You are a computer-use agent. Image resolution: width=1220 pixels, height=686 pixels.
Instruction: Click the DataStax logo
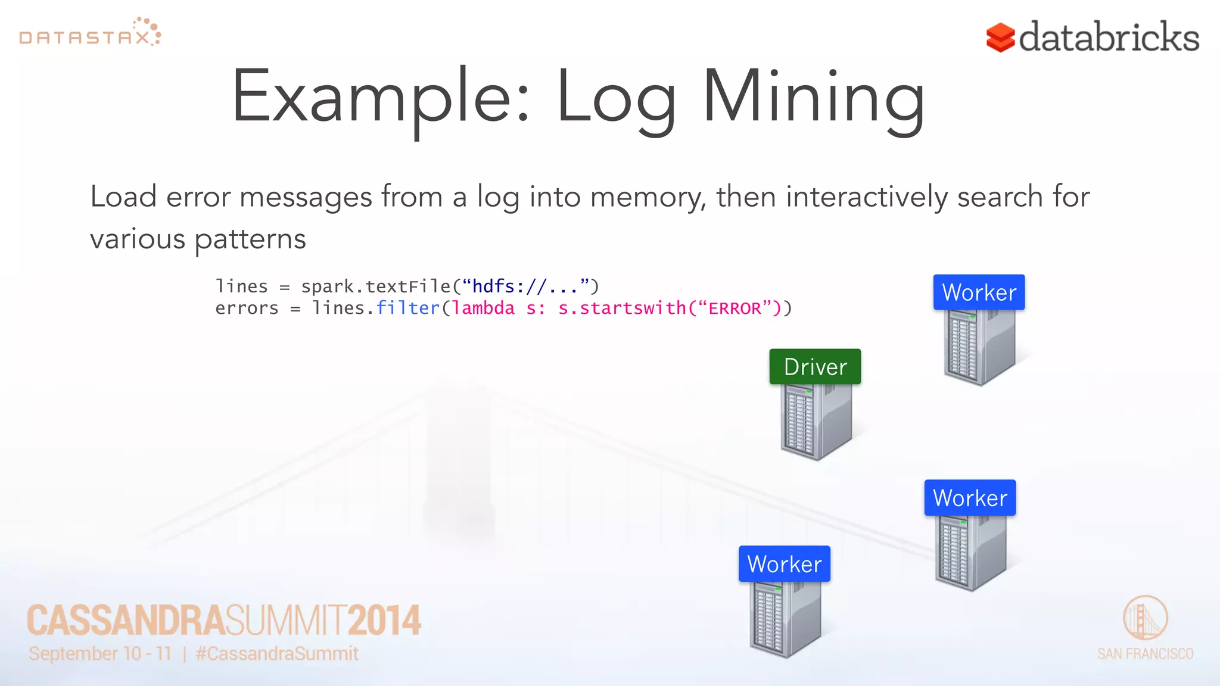coord(89,33)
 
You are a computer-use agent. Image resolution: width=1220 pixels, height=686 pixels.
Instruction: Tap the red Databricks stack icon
coord(1000,38)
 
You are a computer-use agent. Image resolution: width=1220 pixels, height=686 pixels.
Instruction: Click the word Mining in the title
coord(813,98)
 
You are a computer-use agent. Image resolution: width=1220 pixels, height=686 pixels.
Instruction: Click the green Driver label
coord(815,367)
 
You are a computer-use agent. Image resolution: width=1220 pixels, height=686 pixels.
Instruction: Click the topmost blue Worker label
coord(979,292)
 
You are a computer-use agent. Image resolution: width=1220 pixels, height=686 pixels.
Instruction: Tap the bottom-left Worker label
coord(784,564)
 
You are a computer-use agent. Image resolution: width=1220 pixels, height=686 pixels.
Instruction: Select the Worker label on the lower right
coord(970,498)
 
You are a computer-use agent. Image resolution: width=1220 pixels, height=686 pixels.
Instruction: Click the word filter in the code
coord(407,308)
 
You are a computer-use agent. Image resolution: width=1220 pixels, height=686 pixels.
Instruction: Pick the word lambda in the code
coord(483,308)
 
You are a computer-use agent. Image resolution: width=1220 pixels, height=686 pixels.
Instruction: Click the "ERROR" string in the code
coord(735,308)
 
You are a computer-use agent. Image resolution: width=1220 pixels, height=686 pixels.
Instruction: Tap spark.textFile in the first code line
coord(375,286)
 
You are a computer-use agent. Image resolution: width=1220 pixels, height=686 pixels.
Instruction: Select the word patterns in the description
coord(250,239)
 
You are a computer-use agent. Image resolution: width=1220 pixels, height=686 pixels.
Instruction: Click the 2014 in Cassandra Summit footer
coord(384,620)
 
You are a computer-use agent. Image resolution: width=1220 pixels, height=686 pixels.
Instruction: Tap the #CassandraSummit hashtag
coord(277,653)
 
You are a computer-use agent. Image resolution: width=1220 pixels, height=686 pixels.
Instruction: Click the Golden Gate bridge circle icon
coord(1145,618)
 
